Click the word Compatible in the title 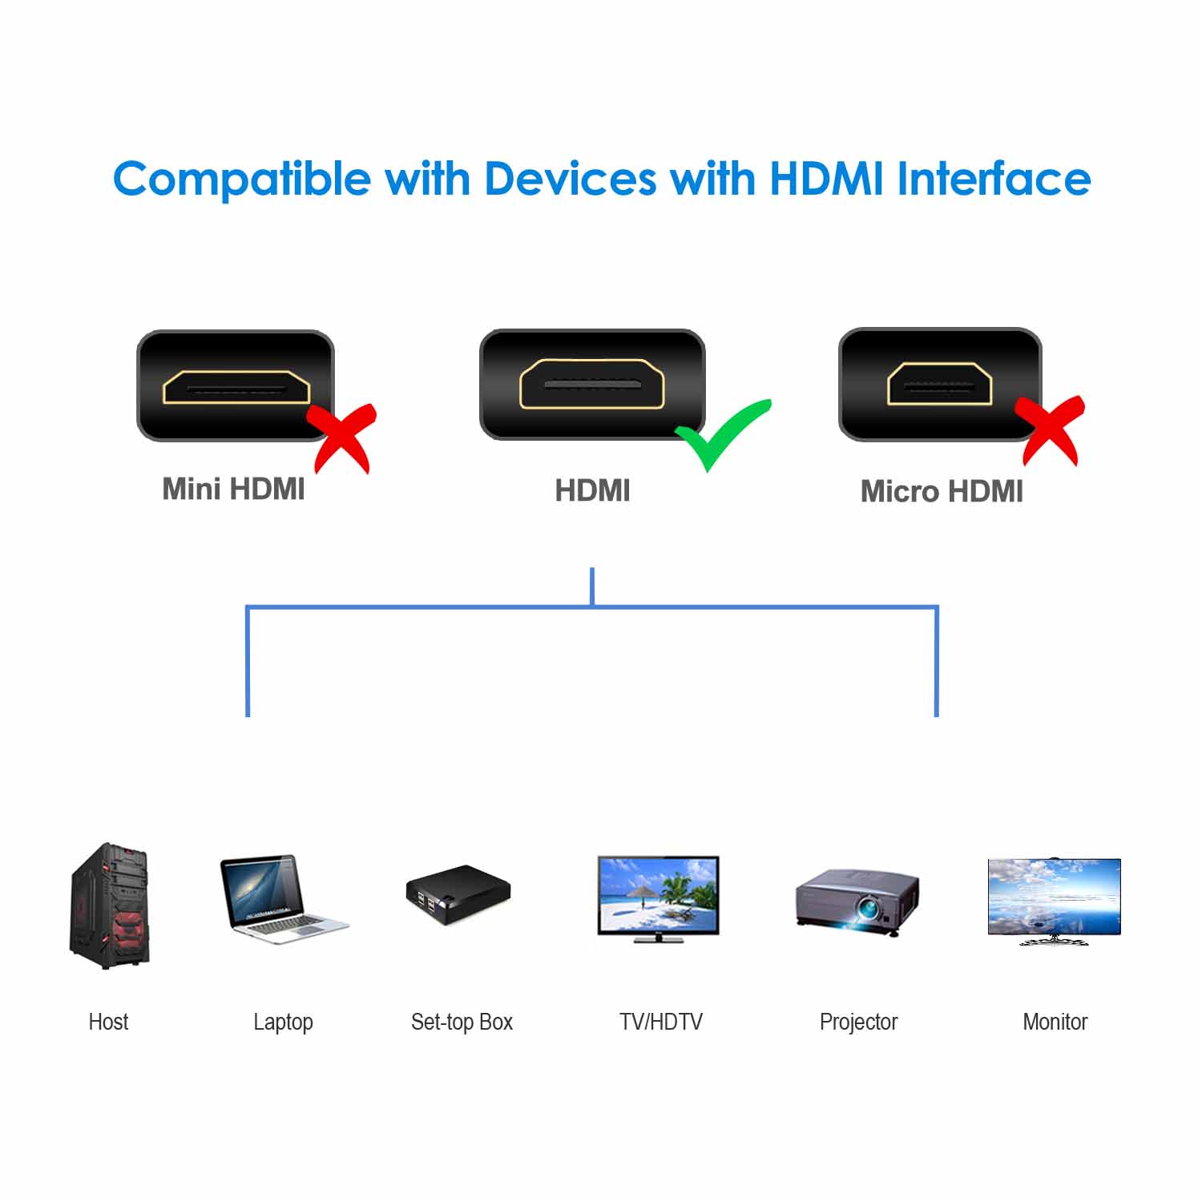point(241,179)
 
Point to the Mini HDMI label point(233,489)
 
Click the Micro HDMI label point(942,491)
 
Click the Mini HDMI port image point(236,386)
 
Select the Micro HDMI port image point(939,385)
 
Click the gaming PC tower point(110,906)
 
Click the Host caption point(108,1022)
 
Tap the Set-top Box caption point(462,1022)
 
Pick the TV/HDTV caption point(660,1022)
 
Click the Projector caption point(858,1022)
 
